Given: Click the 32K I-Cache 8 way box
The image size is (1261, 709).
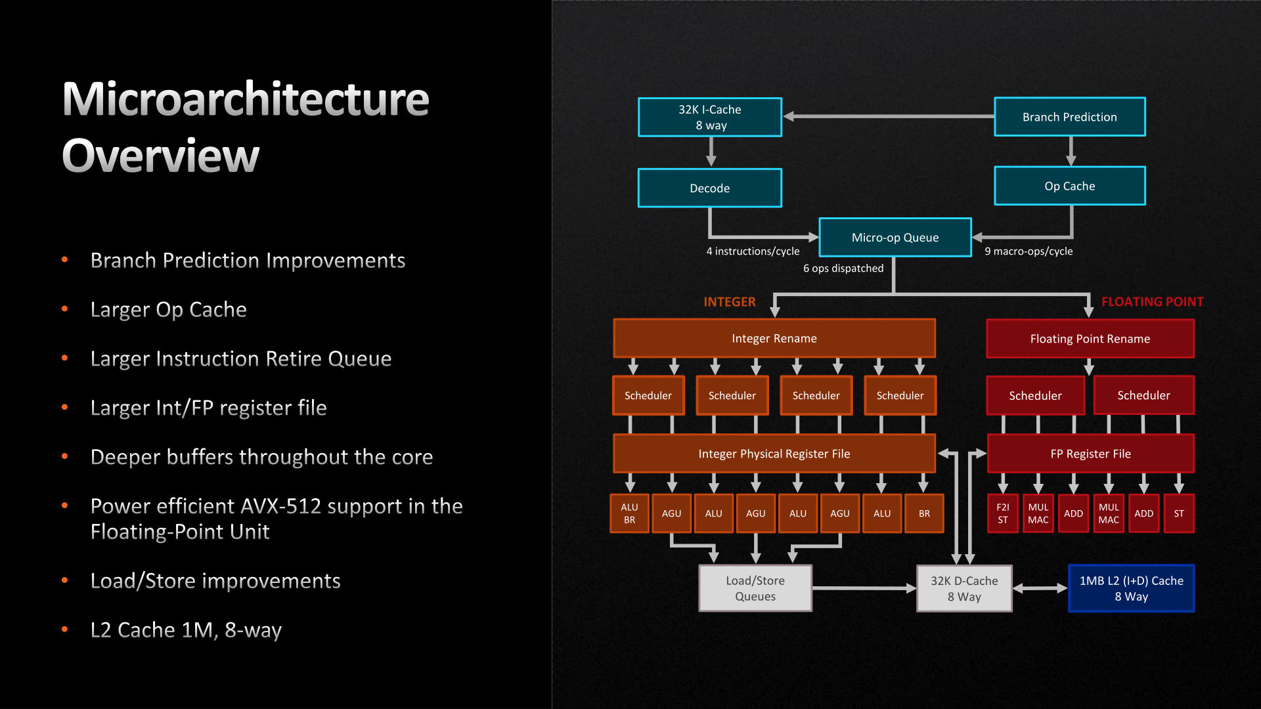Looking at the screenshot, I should click(x=709, y=117).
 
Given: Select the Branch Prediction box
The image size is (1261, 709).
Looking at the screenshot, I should click(x=1069, y=117).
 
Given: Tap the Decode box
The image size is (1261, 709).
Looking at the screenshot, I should click(x=709, y=188).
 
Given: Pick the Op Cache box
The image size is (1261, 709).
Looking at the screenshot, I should click(x=1069, y=186).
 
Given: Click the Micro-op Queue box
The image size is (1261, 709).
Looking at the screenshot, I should click(x=895, y=237).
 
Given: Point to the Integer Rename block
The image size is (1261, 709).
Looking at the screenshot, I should click(x=774, y=338).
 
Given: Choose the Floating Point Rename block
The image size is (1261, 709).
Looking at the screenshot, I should click(x=1090, y=339).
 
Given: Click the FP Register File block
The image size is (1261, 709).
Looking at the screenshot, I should click(x=1090, y=454).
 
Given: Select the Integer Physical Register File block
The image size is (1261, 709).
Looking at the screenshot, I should click(x=774, y=454).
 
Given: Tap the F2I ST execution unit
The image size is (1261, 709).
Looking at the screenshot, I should click(x=1002, y=513).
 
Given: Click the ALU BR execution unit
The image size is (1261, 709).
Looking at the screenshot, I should click(x=629, y=513).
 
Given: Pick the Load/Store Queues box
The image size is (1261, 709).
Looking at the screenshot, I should click(x=755, y=588).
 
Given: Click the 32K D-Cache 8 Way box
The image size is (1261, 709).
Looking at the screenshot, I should click(x=963, y=588).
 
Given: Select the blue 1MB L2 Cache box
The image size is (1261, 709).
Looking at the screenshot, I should click(x=1131, y=588).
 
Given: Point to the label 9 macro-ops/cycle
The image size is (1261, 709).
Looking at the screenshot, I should click(x=1028, y=251).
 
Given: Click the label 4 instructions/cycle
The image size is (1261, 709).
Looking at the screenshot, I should click(x=753, y=251).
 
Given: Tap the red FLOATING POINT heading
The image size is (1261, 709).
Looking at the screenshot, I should click(x=1152, y=302).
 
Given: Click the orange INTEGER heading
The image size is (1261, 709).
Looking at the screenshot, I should click(x=729, y=302).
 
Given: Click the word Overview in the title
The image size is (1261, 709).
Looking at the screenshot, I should click(x=161, y=156).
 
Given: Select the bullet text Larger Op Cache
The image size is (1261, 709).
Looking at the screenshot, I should click(x=168, y=310).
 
